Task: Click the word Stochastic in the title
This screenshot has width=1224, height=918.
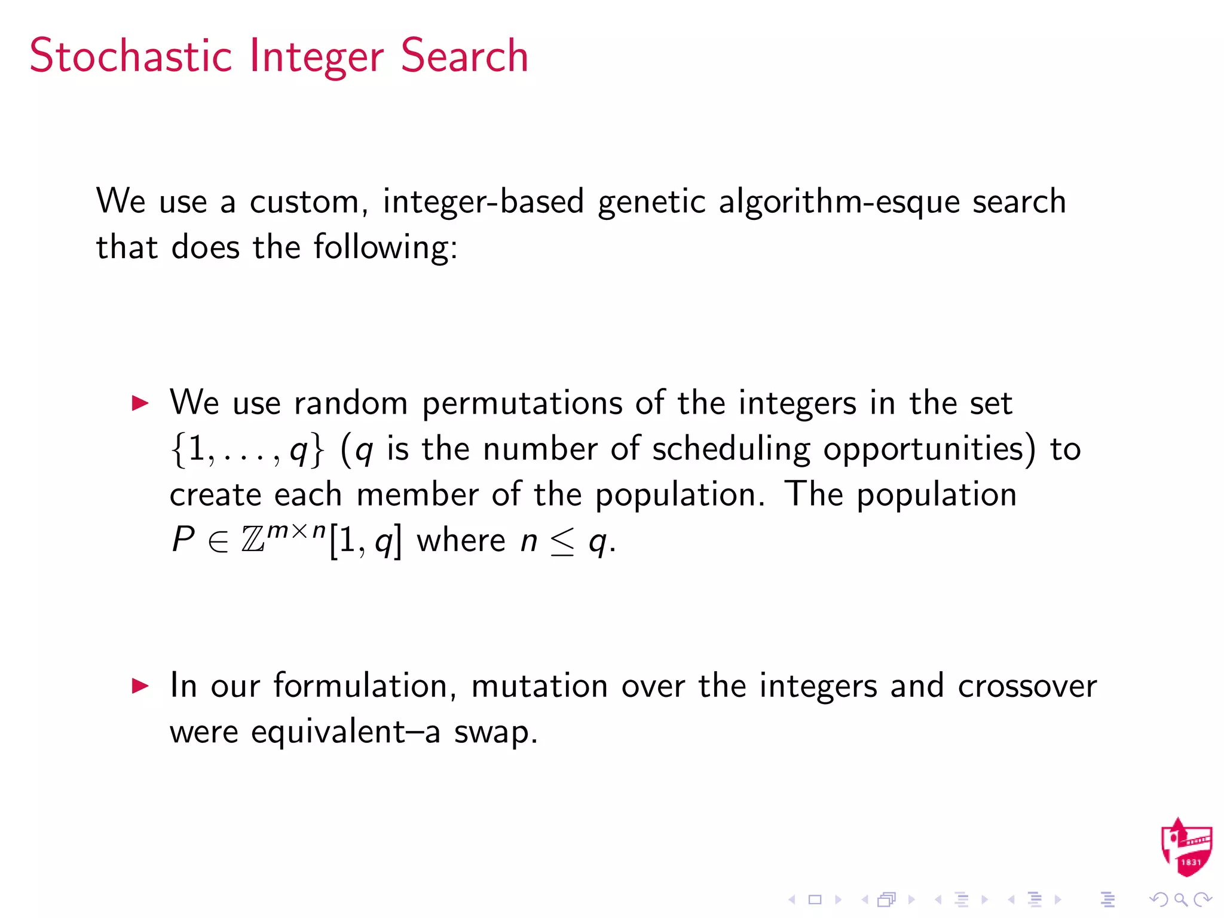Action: pos(130,56)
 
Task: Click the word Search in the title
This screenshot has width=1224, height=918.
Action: pos(464,56)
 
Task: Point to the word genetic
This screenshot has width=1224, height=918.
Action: pos(651,202)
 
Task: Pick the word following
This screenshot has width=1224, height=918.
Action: pos(385,247)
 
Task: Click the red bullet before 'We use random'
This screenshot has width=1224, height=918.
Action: pos(140,403)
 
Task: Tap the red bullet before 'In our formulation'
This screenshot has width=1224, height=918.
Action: pos(140,686)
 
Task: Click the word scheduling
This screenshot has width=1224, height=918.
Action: pos(731,449)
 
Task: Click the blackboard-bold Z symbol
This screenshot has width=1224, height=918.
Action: pos(253,540)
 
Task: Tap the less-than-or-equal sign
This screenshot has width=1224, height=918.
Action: pos(562,541)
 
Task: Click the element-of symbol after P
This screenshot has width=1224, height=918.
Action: pos(218,541)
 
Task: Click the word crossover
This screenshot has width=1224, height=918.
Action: pos(1027,686)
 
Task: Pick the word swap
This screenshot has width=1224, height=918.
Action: pos(495,732)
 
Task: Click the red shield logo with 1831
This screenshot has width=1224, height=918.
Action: pos(1186,847)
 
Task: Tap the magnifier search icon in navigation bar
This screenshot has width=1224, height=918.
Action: pos(1180,899)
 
